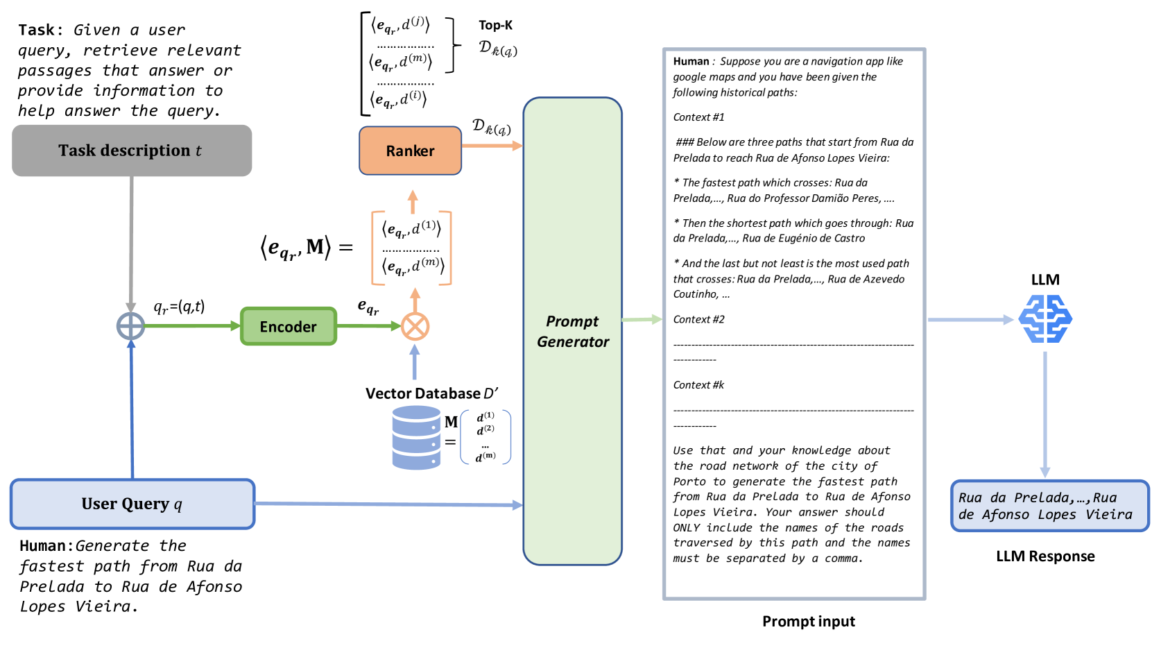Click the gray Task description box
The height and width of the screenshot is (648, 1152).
(132, 151)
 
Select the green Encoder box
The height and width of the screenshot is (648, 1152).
(289, 326)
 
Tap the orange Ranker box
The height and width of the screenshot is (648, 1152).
(411, 151)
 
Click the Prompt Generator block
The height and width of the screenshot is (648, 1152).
(572, 331)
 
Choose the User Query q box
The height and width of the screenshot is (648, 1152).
(132, 504)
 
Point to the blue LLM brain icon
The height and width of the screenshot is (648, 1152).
(1045, 319)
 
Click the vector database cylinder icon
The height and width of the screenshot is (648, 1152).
(416, 438)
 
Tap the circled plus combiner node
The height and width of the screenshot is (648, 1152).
(130, 326)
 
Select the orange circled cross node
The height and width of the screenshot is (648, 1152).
(415, 327)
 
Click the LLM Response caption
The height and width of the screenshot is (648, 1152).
(1045, 556)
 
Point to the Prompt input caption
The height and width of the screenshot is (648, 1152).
(809, 621)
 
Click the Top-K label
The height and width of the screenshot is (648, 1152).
(495, 25)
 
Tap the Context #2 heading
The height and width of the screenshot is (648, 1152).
(698, 319)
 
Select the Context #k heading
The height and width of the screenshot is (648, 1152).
(698, 385)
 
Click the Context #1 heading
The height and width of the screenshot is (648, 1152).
(698, 117)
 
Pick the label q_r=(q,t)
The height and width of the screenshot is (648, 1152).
(179, 307)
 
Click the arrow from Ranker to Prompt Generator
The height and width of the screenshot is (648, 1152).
(492, 146)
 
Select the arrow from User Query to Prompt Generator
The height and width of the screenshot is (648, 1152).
(389, 504)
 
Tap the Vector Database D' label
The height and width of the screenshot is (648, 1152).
(431, 393)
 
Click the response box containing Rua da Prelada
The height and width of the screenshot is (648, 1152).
(1049, 506)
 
